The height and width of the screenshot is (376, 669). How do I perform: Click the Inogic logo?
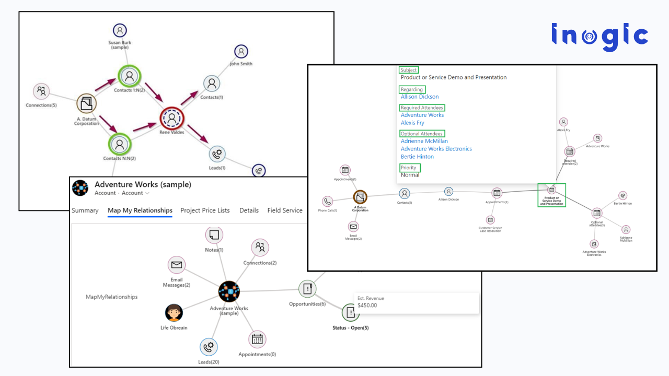pyautogui.click(x=599, y=37)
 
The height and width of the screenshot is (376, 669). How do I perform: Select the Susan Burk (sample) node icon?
pyautogui.click(x=120, y=31)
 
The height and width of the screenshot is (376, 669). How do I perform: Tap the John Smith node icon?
pyautogui.click(x=241, y=51)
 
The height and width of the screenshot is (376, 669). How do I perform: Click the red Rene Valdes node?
pyautogui.click(x=171, y=119)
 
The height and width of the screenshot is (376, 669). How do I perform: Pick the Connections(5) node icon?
pyautogui.click(x=41, y=91)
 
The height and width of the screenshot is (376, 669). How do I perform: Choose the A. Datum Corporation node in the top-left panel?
pyautogui.click(x=86, y=103)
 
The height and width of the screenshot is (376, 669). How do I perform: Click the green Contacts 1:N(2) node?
pyautogui.click(x=128, y=76)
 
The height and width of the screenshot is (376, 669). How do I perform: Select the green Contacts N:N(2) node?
pyautogui.click(x=120, y=144)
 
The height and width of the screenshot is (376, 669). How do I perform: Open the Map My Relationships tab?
pyautogui.click(x=140, y=210)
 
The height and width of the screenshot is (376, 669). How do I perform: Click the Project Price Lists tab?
pyautogui.click(x=205, y=210)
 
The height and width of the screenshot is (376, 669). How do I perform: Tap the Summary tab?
pyautogui.click(x=85, y=210)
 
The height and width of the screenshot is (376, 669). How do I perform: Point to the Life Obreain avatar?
pyautogui.click(x=174, y=313)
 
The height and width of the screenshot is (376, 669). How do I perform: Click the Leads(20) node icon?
pyautogui.click(x=209, y=347)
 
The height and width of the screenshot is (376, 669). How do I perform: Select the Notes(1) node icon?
pyautogui.click(x=214, y=236)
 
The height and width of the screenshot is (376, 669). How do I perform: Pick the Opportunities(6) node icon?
pyautogui.click(x=307, y=289)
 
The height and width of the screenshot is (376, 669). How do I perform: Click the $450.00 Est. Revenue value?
pyautogui.click(x=367, y=305)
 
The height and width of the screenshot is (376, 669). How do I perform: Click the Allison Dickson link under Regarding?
pyautogui.click(x=420, y=97)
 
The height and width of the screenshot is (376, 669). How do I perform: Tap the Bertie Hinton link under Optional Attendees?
pyautogui.click(x=417, y=157)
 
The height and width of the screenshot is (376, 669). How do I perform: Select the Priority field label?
pyautogui.click(x=409, y=168)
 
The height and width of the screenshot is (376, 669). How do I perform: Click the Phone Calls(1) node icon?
pyautogui.click(x=327, y=202)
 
